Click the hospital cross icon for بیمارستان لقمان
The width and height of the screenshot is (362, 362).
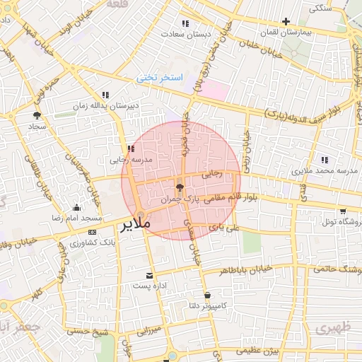[x=286, y=22]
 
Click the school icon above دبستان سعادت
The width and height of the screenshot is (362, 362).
[x=185, y=23]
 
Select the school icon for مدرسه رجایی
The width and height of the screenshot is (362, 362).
[x=131, y=148]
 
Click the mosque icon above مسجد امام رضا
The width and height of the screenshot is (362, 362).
[x=76, y=208]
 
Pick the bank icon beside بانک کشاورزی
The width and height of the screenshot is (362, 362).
[x=93, y=232]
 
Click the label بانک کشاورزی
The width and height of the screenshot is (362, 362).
[x=93, y=243]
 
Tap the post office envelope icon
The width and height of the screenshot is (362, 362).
[x=148, y=275]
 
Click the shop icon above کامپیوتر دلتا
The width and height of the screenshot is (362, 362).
[x=207, y=296]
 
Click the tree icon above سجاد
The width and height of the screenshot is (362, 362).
[x=37, y=115]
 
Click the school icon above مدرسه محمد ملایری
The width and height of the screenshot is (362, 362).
[x=325, y=160]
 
